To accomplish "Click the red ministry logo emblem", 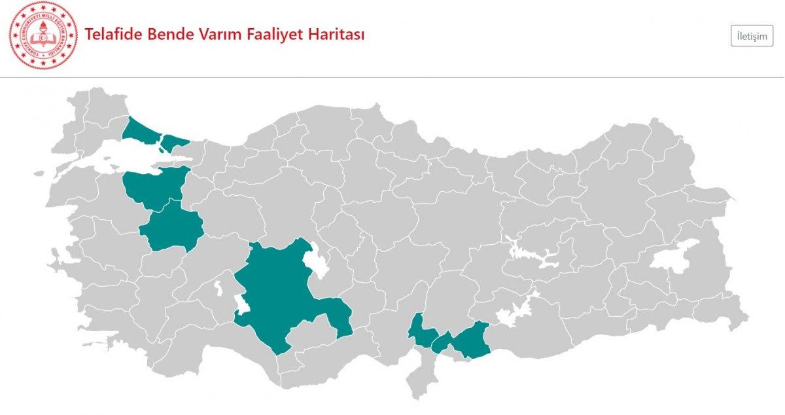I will (43, 36).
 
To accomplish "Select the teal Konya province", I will (281, 295).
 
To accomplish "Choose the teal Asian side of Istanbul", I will (173, 141).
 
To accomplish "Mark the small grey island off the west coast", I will (40, 174).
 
